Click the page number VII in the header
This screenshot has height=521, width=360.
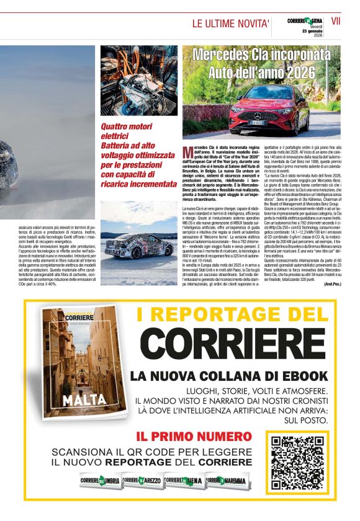(336, 20)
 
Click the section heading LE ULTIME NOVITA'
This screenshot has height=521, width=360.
(230, 24)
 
